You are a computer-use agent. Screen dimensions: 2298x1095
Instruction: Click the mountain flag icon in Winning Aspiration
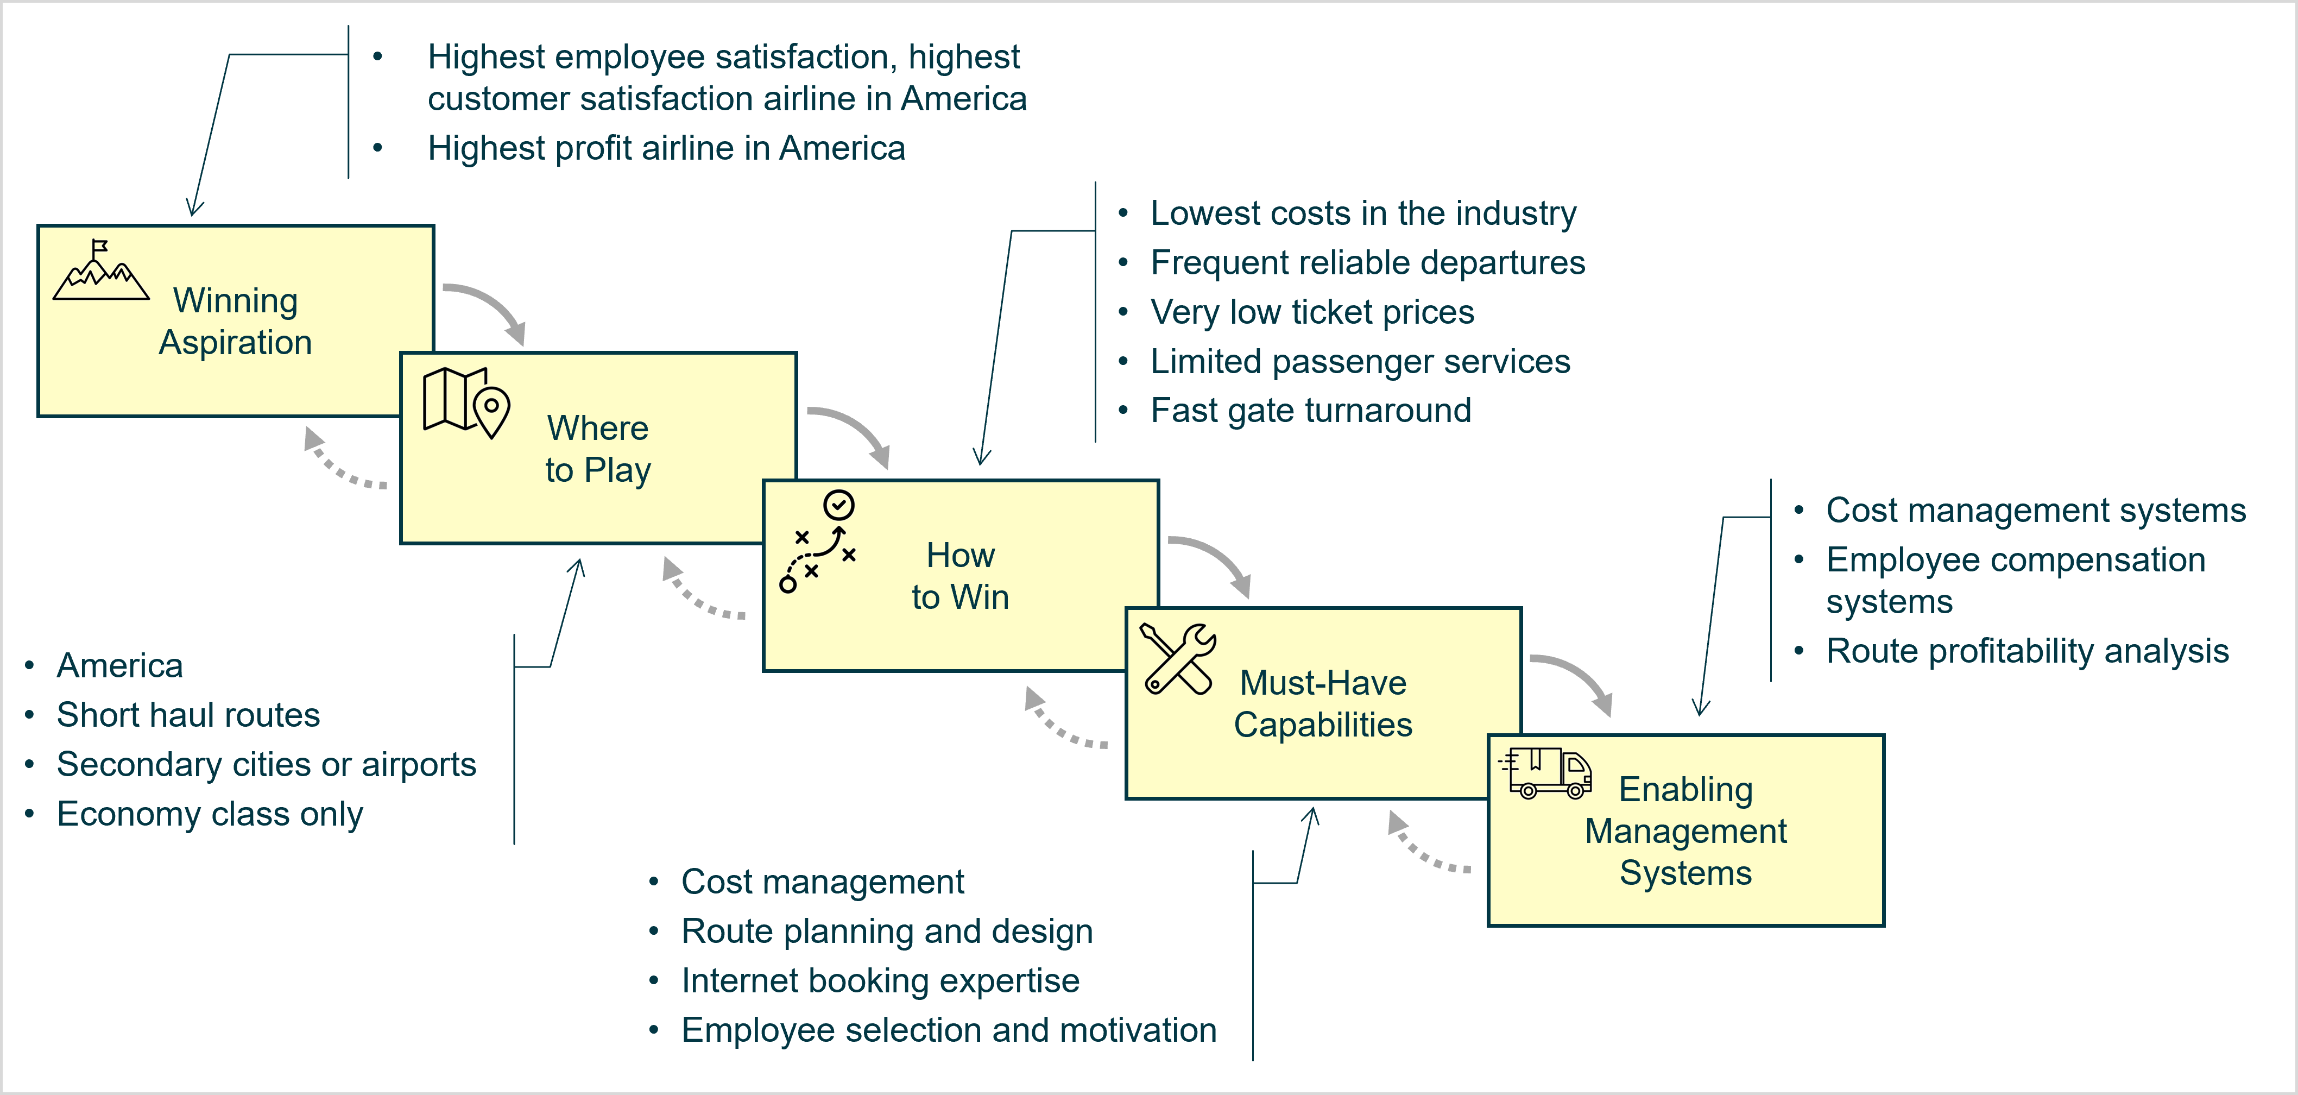pyautogui.click(x=101, y=269)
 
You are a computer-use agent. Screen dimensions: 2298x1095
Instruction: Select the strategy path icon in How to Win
pyautogui.click(x=818, y=541)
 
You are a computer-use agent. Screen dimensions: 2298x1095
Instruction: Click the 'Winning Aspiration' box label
pyautogui.click(x=236, y=321)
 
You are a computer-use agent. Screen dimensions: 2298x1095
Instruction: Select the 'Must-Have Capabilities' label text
pyautogui.click(x=1323, y=703)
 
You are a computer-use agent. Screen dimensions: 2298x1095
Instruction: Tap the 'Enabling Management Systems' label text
pyautogui.click(x=1685, y=831)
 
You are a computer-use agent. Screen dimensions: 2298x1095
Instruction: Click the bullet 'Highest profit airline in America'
pyautogui.click(x=666, y=148)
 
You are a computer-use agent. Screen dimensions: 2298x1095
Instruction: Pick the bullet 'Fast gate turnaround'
pyautogui.click(x=1310, y=411)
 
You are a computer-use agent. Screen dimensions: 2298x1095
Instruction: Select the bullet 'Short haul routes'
pyautogui.click(x=188, y=715)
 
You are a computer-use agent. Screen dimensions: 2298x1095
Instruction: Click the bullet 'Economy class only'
pyautogui.click(x=210, y=814)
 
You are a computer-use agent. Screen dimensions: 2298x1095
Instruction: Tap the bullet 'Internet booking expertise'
pyautogui.click(x=881, y=981)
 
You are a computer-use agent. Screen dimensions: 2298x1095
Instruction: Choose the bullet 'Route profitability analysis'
pyautogui.click(x=2027, y=651)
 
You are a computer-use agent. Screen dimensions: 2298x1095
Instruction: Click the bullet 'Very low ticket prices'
pyautogui.click(x=1312, y=312)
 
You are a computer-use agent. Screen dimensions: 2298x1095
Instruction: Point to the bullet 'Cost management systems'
pyautogui.click(x=2036, y=511)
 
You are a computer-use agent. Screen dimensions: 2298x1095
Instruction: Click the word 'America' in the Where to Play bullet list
pyautogui.click(x=119, y=666)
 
